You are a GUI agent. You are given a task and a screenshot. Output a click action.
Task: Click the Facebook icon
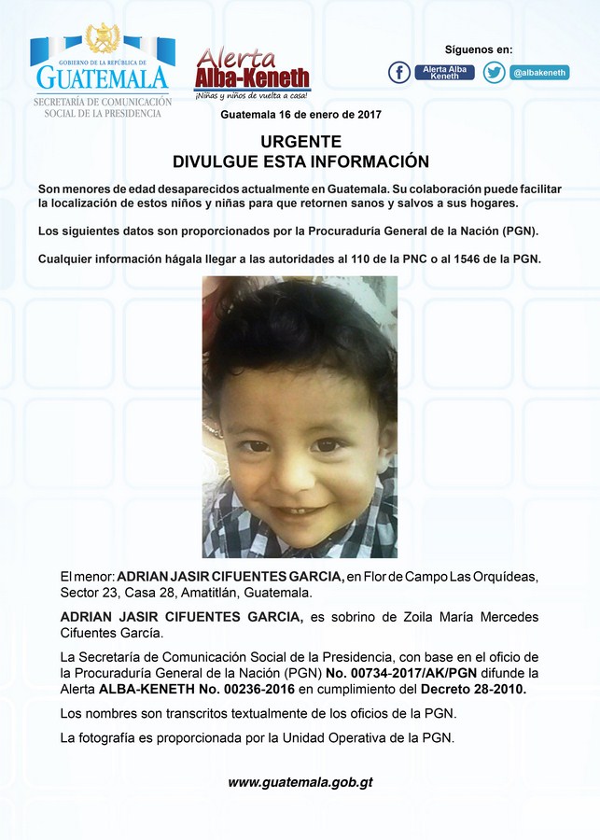[x=399, y=72]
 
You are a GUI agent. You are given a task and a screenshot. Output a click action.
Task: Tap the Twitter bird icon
[x=494, y=72]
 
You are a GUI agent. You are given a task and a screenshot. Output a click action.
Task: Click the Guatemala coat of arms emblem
[x=103, y=39]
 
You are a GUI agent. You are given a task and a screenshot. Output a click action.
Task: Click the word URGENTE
[x=300, y=142]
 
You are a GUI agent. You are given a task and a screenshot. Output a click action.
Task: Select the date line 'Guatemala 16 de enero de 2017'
[x=300, y=115]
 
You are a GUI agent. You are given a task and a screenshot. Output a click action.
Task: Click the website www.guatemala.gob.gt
[x=300, y=782]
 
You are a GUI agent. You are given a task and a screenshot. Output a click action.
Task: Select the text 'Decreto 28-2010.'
[x=474, y=689]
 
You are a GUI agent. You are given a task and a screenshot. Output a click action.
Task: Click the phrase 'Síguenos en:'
[x=478, y=49]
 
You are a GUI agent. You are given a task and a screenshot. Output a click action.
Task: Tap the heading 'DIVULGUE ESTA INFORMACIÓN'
[x=300, y=161]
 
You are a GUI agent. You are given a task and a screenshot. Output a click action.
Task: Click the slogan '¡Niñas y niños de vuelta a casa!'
[x=252, y=96]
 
